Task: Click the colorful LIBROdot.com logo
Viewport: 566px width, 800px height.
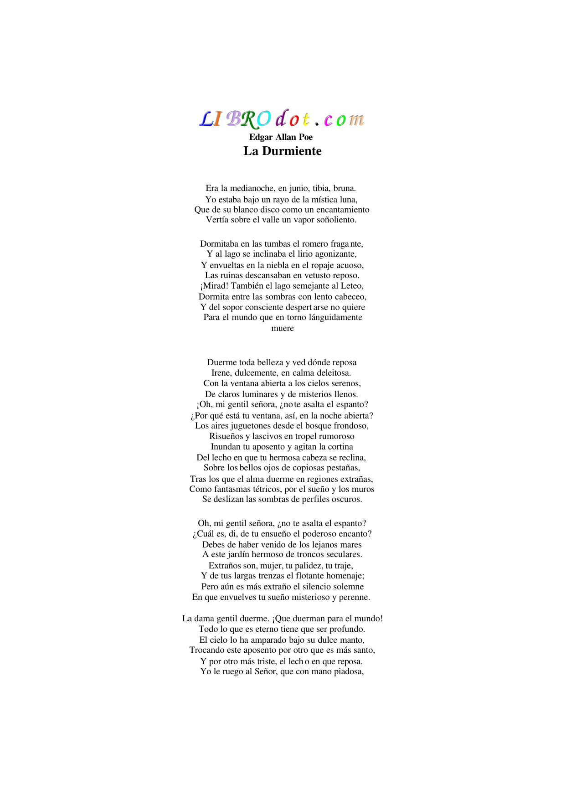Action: [x=282, y=119]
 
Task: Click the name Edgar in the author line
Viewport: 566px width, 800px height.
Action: [x=261, y=137]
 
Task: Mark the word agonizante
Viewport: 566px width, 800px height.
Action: [x=334, y=254]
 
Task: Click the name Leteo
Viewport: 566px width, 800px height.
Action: [x=352, y=286]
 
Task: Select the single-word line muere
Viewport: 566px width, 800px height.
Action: [x=283, y=328]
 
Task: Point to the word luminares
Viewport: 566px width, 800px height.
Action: [x=258, y=394]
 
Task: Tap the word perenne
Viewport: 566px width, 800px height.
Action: [x=354, y=597]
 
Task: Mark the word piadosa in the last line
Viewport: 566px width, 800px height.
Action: [x=347, y=671]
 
